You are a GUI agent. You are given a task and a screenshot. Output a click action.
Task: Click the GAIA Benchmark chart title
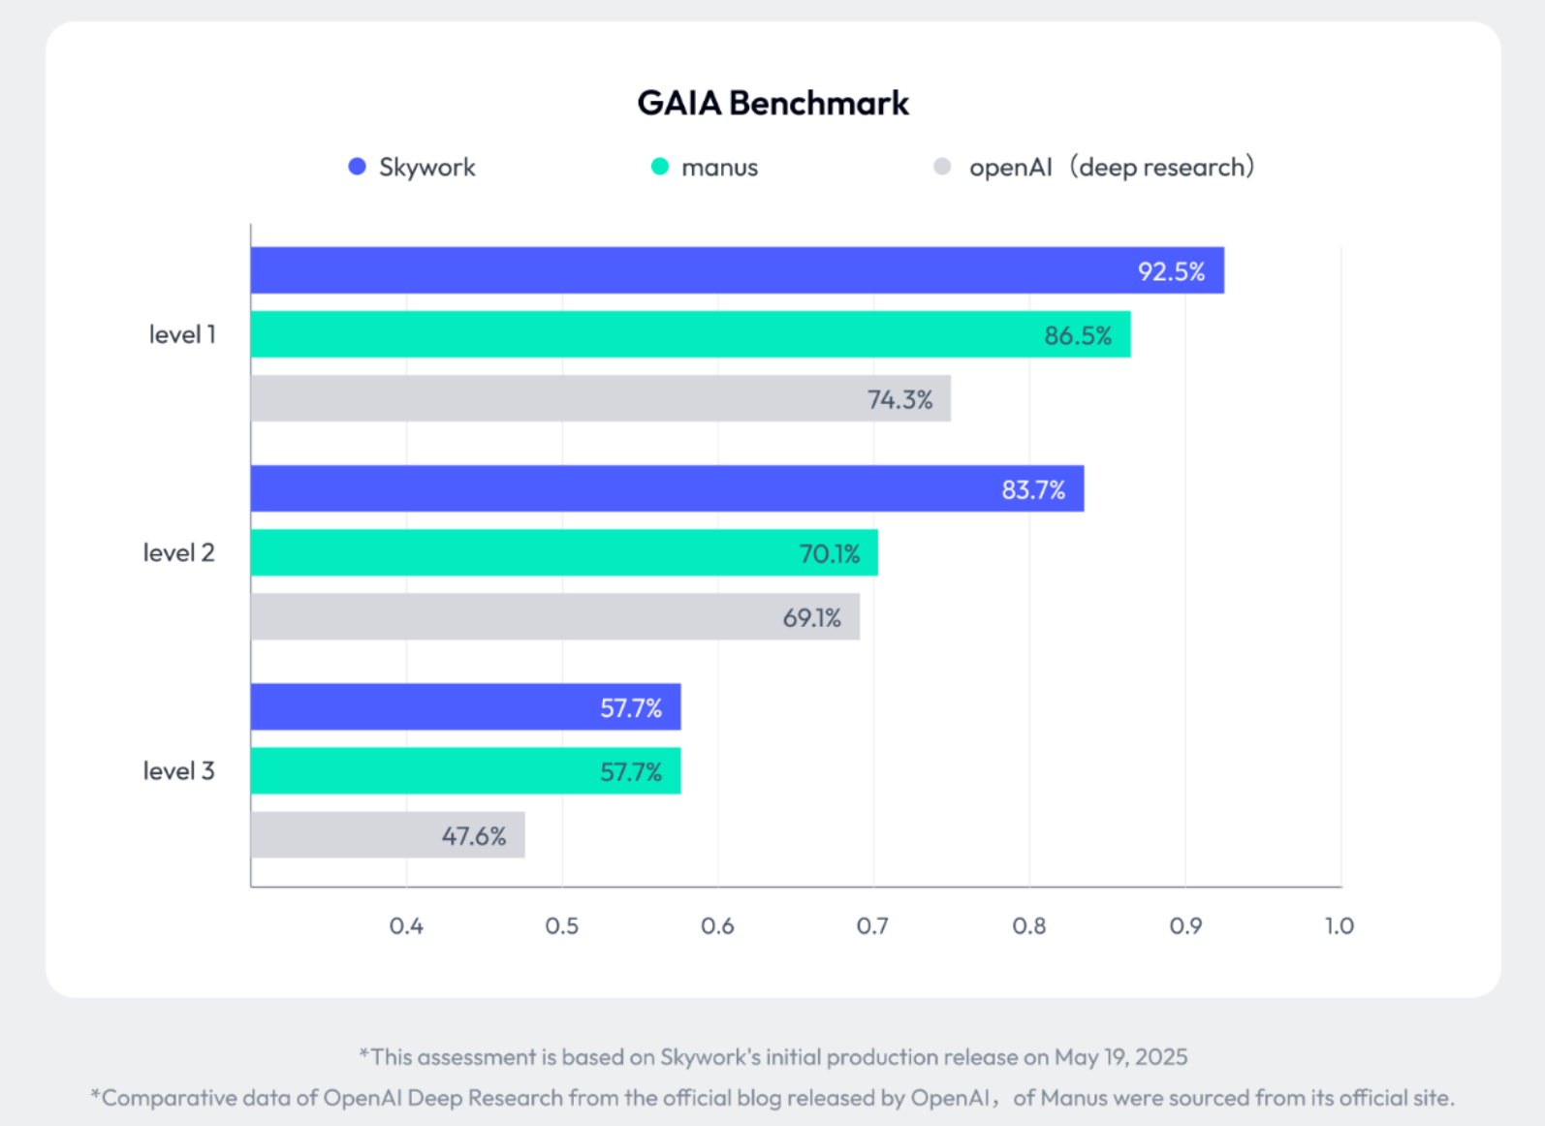tap(772, 103)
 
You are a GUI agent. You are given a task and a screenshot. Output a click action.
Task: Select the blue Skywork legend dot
tap(357, 167)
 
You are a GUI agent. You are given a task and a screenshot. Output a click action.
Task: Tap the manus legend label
tap(719, 168)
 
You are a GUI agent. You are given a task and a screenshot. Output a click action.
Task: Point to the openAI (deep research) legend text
tap(1111, 168)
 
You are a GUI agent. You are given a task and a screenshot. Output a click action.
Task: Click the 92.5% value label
tap(1171, 271)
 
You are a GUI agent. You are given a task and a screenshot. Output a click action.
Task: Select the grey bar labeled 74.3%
tap(600, 398)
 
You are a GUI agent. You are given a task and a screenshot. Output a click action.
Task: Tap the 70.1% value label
tap(829, 553)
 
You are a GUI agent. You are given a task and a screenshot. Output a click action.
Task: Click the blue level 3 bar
tap(465, 706)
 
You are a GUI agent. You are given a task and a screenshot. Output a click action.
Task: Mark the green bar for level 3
tap(465, 771)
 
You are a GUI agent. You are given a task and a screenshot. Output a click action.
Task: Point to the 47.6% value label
tap(474, 835)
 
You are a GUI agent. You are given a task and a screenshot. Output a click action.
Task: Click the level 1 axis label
tap(182, 334)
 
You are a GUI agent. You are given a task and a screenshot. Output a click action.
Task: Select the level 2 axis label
tap(178, 552)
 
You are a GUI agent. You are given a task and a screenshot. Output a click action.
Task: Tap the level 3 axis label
tap(178, 771)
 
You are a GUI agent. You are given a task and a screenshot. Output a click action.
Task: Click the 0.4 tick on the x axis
tap(406, 926)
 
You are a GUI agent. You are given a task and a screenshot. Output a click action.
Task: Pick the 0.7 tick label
tap(872, 926)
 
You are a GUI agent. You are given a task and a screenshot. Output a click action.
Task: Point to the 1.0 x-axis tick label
tap(1339, 926)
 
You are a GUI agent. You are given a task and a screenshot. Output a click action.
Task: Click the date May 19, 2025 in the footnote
tap(1120, 1056)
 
